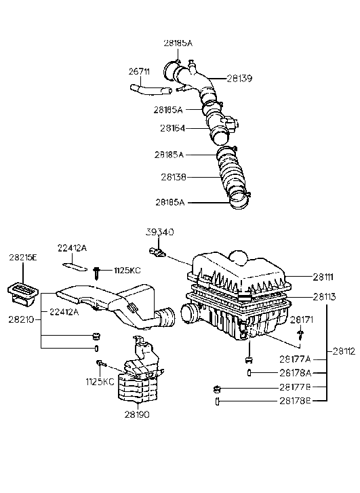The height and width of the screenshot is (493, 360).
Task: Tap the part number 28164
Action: [174, 127]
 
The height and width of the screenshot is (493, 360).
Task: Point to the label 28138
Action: [174, 178]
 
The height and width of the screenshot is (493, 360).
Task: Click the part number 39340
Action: [160, 232]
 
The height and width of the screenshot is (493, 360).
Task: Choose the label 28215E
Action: [24, 258]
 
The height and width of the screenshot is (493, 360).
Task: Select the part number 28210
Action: [21, 317]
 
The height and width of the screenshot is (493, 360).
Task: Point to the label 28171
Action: [303, 319]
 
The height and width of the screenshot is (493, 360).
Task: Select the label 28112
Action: [343, 351]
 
